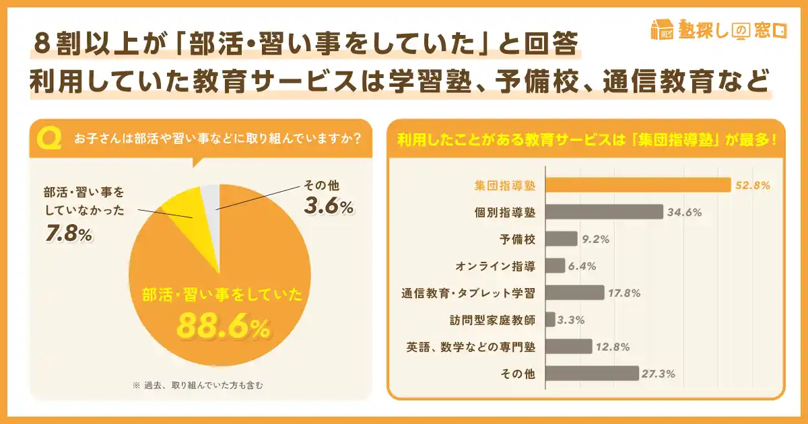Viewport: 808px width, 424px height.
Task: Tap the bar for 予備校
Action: pos(561,239)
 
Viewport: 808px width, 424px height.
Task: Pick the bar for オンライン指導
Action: pos(555,266)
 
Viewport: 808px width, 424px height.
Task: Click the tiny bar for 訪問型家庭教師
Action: pos(550,320)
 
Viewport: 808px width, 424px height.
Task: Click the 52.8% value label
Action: pos(753,186)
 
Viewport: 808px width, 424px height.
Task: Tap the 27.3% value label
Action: pos(660,374)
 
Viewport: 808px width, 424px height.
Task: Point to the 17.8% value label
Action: pos(624,293)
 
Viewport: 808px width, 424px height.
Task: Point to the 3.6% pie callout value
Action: pos(329,207)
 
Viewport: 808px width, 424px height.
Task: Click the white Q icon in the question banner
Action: pos(48,139)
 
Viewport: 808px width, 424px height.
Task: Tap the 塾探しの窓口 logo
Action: pos(718,30)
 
